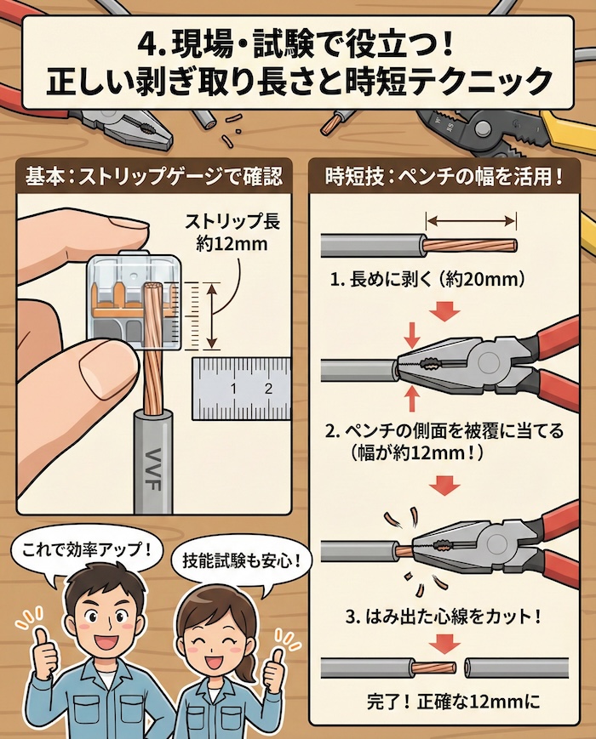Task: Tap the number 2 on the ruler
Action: pos(267,389)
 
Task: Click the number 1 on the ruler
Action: pos(232,389)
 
